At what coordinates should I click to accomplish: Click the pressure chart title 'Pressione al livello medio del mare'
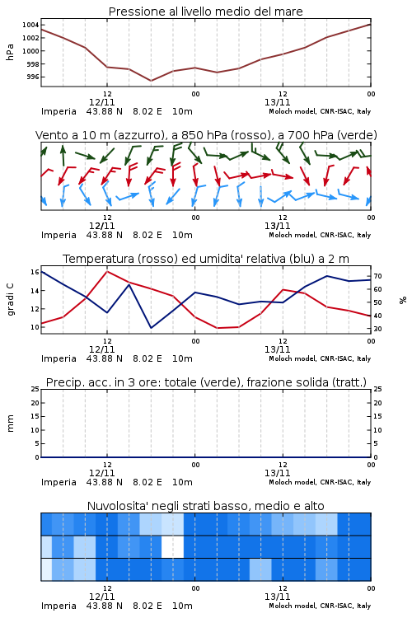click(205, 12)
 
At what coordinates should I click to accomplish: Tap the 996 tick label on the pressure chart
click(33, 77)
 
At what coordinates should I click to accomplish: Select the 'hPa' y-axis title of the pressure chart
click(10, 52)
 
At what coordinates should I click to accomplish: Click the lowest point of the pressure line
click(151, 81)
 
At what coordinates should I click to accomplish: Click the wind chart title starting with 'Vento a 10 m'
click(206, 135)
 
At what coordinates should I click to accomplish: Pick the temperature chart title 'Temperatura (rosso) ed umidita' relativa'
click(206, 259)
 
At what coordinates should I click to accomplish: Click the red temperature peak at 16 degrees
click(107, 271)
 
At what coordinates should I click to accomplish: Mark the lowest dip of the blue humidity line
click(151, 327)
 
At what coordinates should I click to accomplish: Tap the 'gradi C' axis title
click(10, 299)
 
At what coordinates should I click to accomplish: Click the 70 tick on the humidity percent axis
click(377, 276)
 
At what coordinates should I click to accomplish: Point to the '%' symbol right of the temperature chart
click(403, 300)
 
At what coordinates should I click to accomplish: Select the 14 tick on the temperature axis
click(35, 291)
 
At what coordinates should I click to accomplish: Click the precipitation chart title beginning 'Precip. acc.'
click(206, 382)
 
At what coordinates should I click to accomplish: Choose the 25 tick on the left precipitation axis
click(35, 389)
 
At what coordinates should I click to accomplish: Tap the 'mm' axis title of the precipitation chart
click(10, 424)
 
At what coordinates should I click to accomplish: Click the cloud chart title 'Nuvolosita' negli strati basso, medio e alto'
click(205, 506)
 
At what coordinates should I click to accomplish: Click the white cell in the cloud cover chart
click(173, 546)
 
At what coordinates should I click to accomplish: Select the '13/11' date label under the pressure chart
click(277, 102)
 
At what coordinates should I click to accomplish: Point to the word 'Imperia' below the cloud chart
click(59, 606)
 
